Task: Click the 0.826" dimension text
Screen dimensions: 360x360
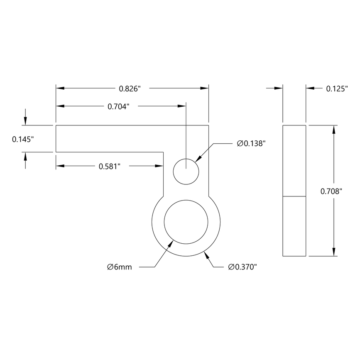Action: [x=130, y=88]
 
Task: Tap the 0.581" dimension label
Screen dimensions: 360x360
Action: [x=109, y=166]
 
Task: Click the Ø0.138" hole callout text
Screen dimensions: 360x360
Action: [x=251, y=143]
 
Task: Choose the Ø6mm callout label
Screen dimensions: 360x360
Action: [x=119, y=267]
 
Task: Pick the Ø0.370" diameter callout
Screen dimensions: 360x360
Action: [x=243, y=267]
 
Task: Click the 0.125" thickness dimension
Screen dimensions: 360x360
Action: [x=336, y=88]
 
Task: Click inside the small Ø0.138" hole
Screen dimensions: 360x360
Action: [x=186, y=171]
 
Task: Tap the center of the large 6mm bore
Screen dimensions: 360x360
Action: [x=186, y=221]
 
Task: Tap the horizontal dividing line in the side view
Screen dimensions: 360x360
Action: [x=294, y=196]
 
